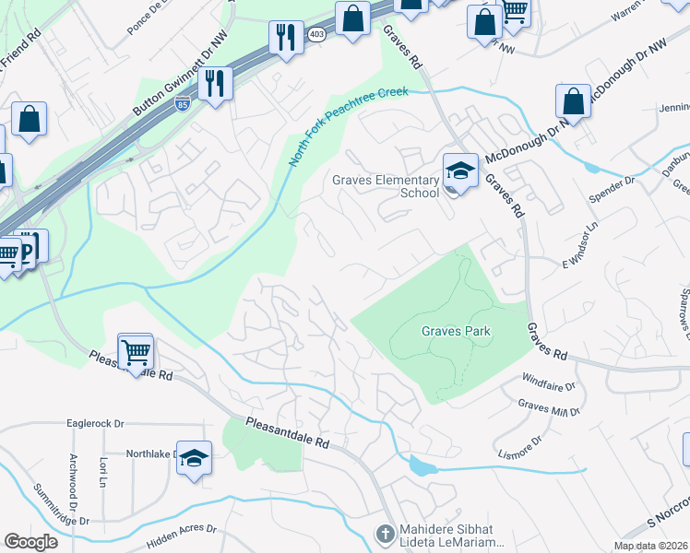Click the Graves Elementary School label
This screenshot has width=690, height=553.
(386, 186)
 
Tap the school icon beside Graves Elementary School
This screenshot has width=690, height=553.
(459, 171)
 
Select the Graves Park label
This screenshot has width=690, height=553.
(455, 331)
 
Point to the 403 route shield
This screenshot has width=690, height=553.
(316, 34)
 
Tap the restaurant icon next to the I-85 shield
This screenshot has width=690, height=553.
(215, 83)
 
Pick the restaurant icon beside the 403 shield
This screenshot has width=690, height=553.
(286, 37)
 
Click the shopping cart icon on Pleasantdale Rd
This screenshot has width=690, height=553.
(136, 350)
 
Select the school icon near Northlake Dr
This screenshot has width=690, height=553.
(194, 457)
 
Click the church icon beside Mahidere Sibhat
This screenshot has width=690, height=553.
(385, 533)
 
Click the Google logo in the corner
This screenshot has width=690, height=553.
(31, 542)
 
